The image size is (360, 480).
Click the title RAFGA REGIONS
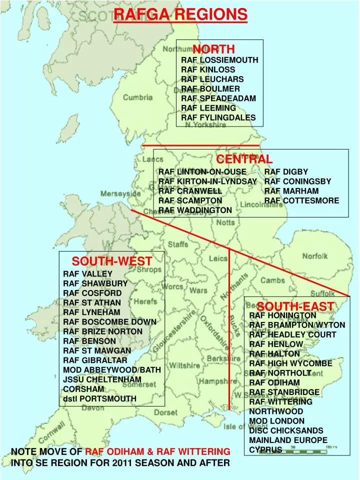click(180, 14)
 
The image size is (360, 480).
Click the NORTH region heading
click(213, 49)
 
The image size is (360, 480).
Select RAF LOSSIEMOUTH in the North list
click(219, 60)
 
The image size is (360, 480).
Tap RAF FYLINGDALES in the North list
click(218, 118)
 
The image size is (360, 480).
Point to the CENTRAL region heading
click(244, 159)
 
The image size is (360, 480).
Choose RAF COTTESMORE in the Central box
click(301, 200)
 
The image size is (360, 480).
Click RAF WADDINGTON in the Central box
click(195, 210)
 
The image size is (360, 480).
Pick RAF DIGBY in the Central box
click(286, 171)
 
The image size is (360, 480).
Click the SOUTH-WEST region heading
click(111, 261)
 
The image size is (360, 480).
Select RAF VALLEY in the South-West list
click(87, 274)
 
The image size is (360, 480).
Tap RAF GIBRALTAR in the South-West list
click(95, 360)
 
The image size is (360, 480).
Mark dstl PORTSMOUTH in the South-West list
click(99, 398)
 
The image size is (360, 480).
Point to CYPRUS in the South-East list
click(265, 449)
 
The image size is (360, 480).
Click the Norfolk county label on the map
click(314, 256)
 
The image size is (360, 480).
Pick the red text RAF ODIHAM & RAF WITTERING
click(157, 451)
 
